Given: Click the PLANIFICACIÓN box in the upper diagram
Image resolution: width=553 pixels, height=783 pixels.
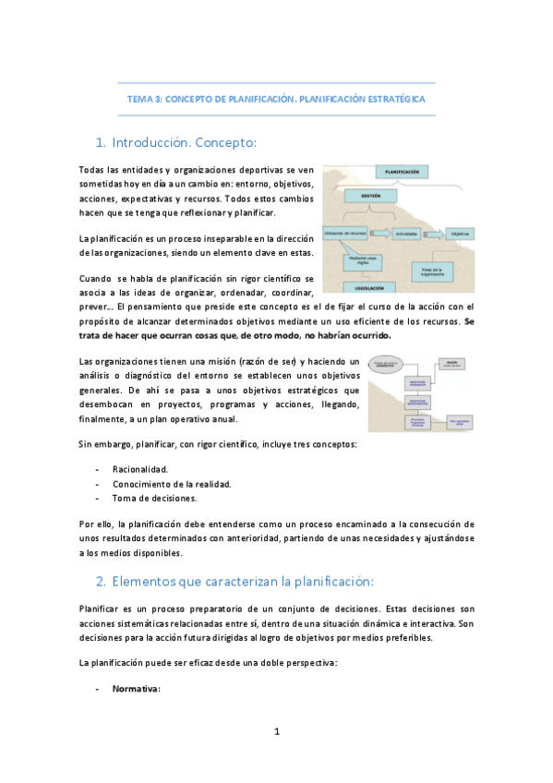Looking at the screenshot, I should click(402, 173).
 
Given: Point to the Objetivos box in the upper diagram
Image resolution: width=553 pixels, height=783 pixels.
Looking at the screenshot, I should click(461, 235).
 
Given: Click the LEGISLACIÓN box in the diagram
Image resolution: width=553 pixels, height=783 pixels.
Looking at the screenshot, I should click(368, 287).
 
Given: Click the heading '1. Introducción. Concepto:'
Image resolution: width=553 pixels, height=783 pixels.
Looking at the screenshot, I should click(175, 143).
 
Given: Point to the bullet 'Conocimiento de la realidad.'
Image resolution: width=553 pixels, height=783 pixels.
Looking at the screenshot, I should click(172, 484).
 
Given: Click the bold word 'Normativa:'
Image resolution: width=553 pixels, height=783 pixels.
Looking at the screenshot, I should click(137, 688).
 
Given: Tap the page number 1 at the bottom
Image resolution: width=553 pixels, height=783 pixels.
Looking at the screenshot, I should click(276, 732).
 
